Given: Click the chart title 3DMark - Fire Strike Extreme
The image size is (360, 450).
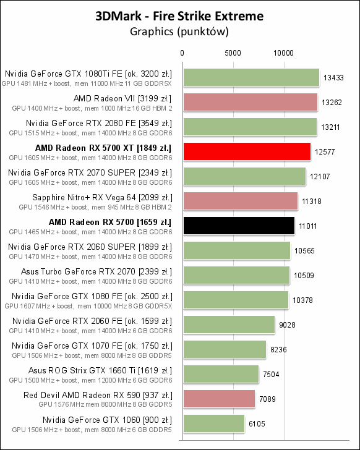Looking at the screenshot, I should (x=179, y=16).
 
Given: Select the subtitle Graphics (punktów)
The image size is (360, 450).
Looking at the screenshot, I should (x=179, y=30).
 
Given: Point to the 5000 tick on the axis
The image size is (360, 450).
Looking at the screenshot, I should (x=233, y=54).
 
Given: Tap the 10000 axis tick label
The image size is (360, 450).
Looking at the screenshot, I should (x=284, y=54).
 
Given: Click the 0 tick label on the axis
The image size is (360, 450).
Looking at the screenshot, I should (x=182, y=54).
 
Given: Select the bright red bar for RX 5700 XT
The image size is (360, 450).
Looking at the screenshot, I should (x=246, y=151).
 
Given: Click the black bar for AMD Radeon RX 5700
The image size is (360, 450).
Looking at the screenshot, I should (x=238, y=226).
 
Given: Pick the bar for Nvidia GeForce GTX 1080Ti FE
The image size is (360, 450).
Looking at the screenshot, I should (x=251, y=77).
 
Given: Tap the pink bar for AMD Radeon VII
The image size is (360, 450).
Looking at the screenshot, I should (x=250, y=102).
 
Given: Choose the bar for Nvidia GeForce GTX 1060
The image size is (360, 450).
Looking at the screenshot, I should (x=213, y=423).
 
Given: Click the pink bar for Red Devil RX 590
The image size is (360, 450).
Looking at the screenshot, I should (x=218, y=399).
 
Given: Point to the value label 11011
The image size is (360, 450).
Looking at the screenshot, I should (x=307, y=226).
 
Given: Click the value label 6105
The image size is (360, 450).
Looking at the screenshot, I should (x=257, y=424).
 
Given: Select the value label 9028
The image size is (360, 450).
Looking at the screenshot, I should (x=288, y=325).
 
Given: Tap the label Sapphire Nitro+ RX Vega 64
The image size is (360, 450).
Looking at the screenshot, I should (x=102, y=197).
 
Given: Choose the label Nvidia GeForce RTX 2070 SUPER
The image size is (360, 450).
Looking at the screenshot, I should (x=90, y=172).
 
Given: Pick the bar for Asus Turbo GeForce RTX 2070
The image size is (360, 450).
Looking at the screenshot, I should (x=236, y=275).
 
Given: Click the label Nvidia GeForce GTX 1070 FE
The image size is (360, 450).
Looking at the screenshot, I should (x=92, y=346).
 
